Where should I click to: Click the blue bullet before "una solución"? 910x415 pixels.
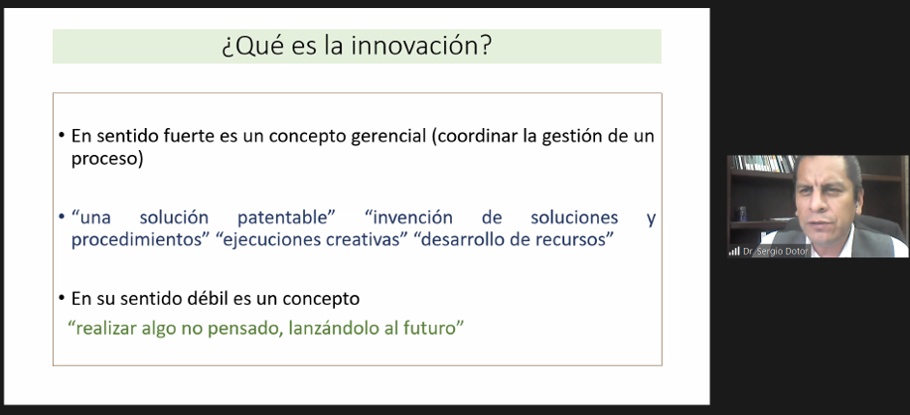pos(62,218)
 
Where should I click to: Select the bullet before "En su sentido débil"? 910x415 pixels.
pos(62,299)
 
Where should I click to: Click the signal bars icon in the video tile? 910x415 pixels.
pos(735,251)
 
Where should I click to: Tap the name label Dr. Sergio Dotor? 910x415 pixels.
pos(774,251)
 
